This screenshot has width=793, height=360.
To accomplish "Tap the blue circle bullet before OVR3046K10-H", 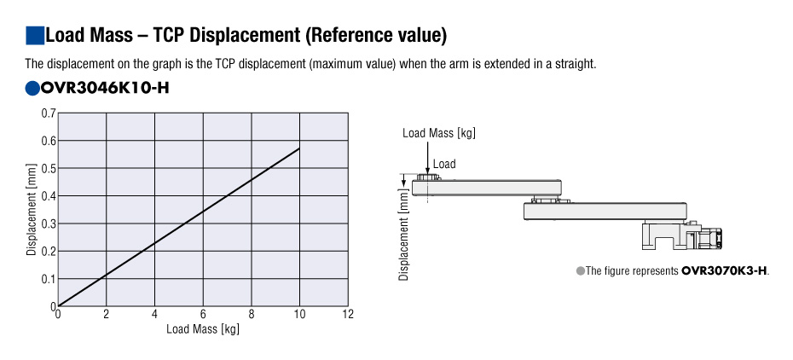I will [x=33, y=88].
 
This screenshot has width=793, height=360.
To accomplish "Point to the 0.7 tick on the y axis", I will [x=49, y=113].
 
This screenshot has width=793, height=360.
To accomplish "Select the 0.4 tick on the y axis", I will [x=49, y=196].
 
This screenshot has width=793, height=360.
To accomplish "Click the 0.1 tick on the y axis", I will [x=49, y=279].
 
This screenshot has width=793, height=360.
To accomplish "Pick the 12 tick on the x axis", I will [x=347, y=315].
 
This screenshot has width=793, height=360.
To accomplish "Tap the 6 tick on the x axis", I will [x=203, y=315].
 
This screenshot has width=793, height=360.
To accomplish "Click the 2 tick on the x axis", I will [x=107, y=315].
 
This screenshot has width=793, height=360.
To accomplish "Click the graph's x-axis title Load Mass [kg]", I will [x=203, y=328].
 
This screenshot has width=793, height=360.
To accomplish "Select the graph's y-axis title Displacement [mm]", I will [x=32, y=210].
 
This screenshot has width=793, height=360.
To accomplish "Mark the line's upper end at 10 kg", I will [x=298, y=148].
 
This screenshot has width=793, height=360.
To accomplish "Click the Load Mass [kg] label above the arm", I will [x=439, y=133].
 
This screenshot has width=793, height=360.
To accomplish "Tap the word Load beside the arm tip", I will [x=444, y=164].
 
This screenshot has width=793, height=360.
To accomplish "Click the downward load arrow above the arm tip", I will [x=427, y=158].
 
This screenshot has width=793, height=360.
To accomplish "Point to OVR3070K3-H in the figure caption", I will [x=724, y=270].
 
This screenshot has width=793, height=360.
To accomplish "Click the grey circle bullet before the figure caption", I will [x=581, y=270].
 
